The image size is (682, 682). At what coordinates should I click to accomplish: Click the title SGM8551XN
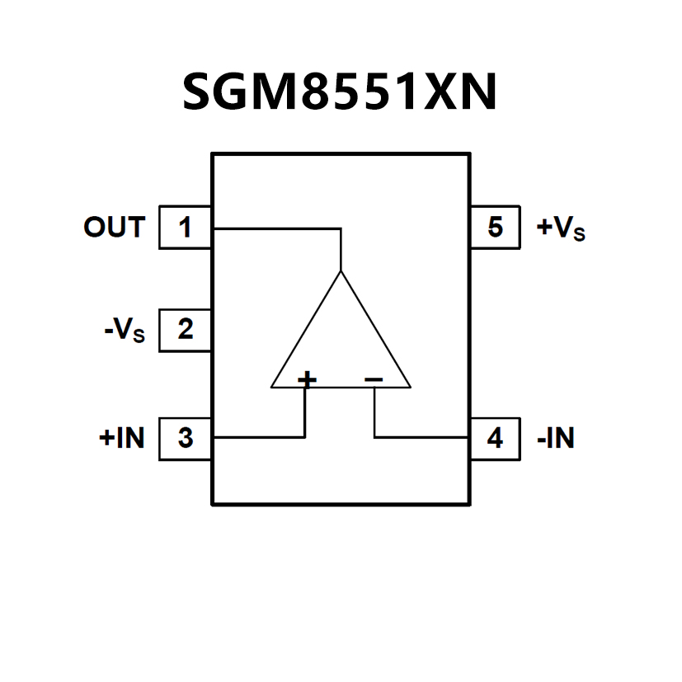click(340, 92)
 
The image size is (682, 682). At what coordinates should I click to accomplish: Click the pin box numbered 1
click(185, 227)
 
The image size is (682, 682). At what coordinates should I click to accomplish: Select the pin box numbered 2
click(185, 330)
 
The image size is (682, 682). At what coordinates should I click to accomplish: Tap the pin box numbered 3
click(185, 438)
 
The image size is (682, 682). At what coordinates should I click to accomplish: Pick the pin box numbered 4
click(495, 438)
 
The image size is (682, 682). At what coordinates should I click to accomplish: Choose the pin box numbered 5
click(495, 227)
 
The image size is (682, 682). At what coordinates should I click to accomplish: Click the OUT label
click(114, 227)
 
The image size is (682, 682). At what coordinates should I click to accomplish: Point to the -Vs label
click(124, 332)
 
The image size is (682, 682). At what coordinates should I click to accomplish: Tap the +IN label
click(121, 438)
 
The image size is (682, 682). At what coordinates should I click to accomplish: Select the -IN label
click(555, 438)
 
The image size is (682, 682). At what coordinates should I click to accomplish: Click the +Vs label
click(561, 228)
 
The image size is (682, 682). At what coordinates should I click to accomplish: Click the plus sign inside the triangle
click(306, 379)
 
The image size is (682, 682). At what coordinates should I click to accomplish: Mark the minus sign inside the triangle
click(374, 379)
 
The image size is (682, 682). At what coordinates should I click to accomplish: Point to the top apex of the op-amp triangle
click(341, 271)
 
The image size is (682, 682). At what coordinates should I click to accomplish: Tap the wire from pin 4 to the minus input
click(421, 437)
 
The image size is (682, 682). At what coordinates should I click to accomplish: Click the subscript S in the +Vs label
click(579, 234)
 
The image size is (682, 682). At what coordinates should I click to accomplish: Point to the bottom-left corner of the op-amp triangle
click(272, 386)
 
